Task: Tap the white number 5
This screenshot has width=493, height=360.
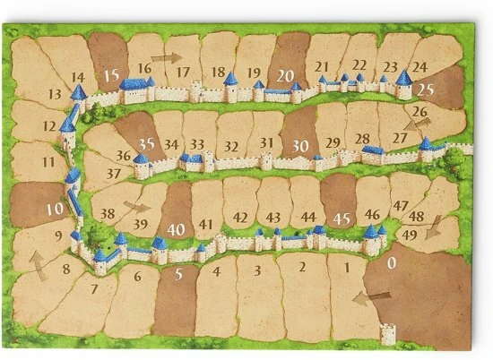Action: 180,273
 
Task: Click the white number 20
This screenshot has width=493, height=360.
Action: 286,74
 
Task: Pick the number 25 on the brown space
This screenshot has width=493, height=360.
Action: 425,90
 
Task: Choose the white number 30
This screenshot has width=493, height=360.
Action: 301,144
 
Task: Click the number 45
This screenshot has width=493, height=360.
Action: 341,217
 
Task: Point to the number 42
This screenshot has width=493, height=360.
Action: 239,218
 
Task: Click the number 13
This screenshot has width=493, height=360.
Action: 55,93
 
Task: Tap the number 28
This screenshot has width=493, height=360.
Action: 362,138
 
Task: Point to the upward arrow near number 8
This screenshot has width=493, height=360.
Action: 38,261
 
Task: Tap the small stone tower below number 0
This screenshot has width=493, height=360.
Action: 387,333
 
